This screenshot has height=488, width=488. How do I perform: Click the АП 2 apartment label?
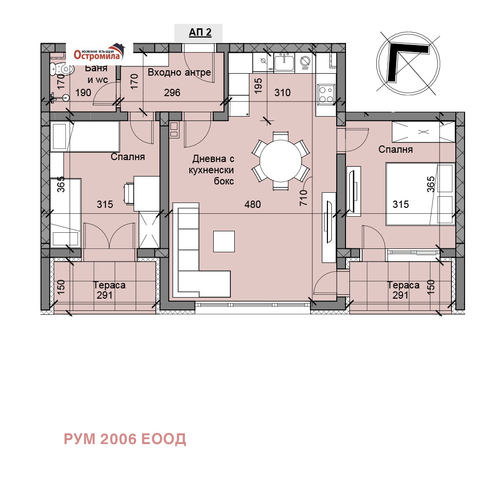coord(200,33)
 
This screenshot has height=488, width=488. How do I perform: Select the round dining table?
coord(281,161)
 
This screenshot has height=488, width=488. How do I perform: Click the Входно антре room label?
coord(179,73)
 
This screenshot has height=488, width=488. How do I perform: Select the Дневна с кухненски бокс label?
coord(213,170)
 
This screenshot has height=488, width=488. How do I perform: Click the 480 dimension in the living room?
coord(253,204)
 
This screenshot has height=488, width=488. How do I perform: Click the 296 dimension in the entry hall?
coord(172,93)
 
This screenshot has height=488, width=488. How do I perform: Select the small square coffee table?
coord(224,241)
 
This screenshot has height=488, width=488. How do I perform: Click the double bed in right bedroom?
coord(420,194)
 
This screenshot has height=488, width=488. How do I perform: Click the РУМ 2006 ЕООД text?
coord(125,439)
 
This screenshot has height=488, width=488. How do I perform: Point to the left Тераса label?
coord(109,285)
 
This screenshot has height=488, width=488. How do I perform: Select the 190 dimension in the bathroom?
coord(83,93)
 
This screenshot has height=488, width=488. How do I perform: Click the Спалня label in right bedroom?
coord(395,149)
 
